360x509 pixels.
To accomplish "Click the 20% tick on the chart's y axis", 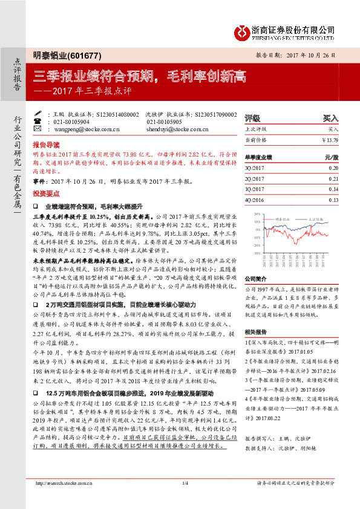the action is (257, 214).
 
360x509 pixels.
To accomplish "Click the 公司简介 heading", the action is (255, 279).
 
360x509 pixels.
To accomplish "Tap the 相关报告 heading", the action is (255, 333).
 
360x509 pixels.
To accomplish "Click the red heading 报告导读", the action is (47, 146).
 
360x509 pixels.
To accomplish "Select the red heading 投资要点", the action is (47, 194).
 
